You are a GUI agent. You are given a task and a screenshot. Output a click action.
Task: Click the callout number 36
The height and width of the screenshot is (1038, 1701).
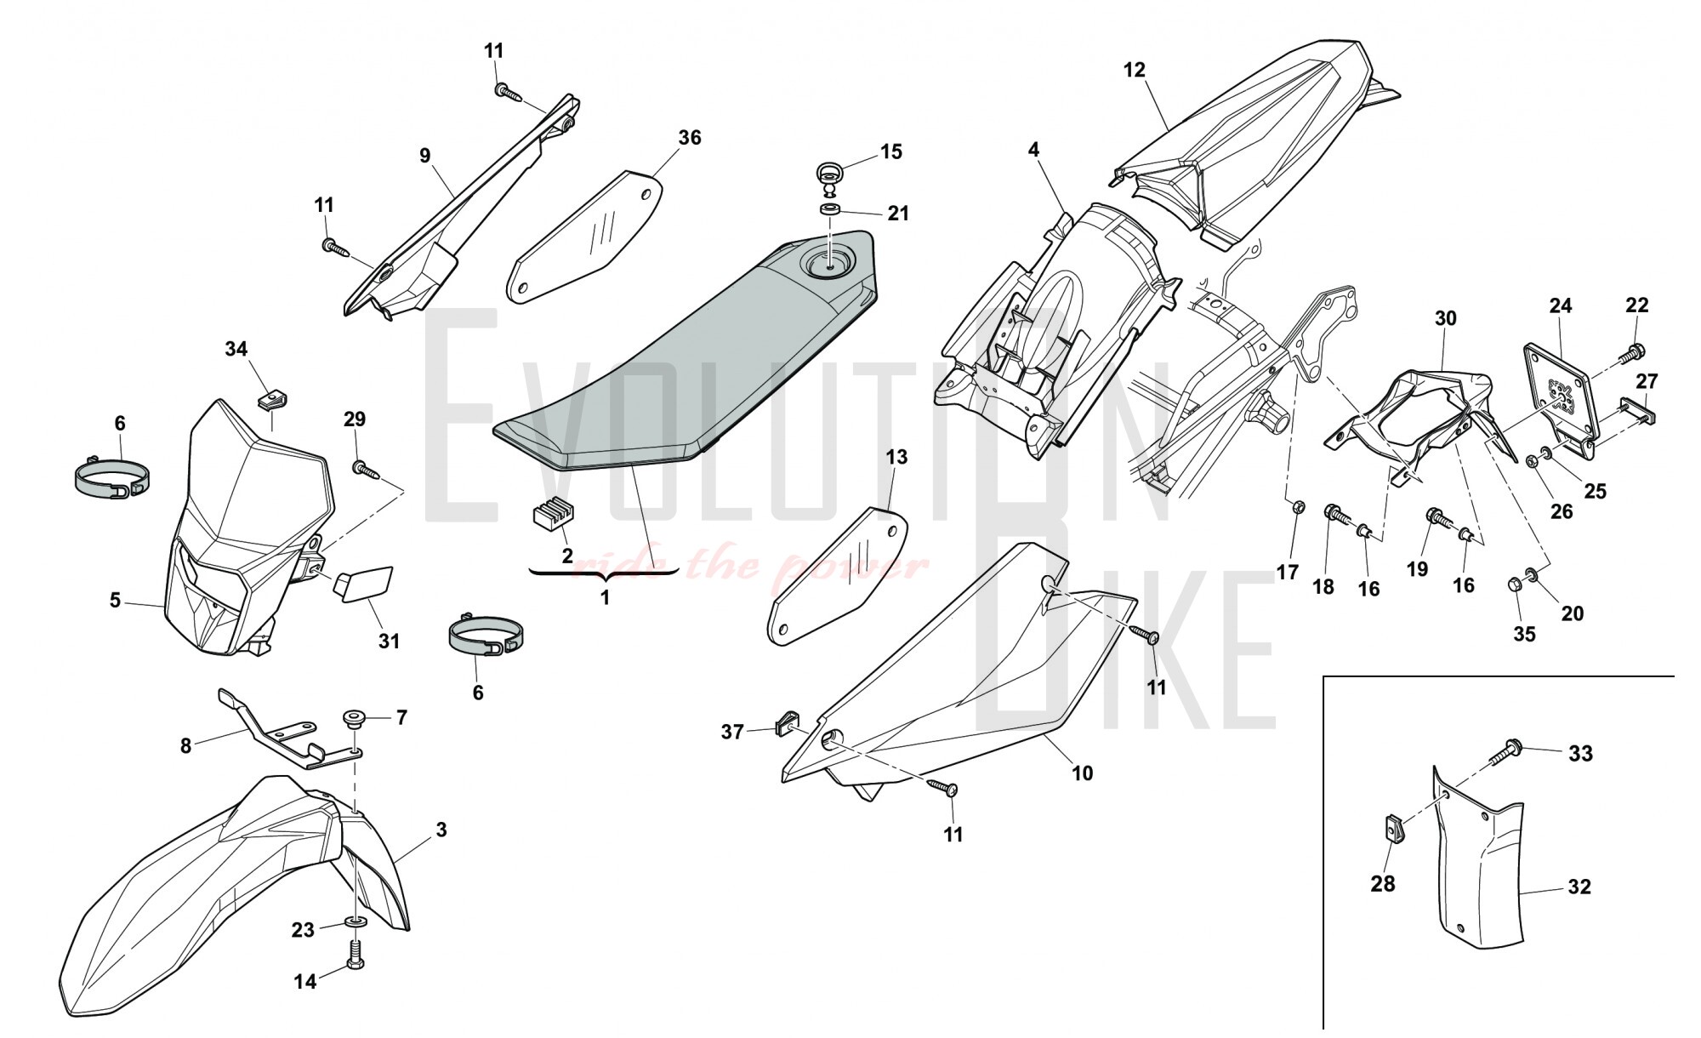point(690,138)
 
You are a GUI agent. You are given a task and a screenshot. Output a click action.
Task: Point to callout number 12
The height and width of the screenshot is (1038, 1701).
point(1135,70)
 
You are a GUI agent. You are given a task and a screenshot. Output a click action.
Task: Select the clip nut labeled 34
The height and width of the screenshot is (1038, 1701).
point(270,399)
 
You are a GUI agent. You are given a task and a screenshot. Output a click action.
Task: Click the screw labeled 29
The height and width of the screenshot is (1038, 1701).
point(363,467)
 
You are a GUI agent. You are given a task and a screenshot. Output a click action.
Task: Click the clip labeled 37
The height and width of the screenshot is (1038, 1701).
point(786,724)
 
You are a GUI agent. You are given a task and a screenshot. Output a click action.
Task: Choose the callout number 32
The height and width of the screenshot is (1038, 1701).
point(1579,887)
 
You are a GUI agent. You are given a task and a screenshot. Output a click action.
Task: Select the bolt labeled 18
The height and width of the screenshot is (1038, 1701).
point(1334,514)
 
